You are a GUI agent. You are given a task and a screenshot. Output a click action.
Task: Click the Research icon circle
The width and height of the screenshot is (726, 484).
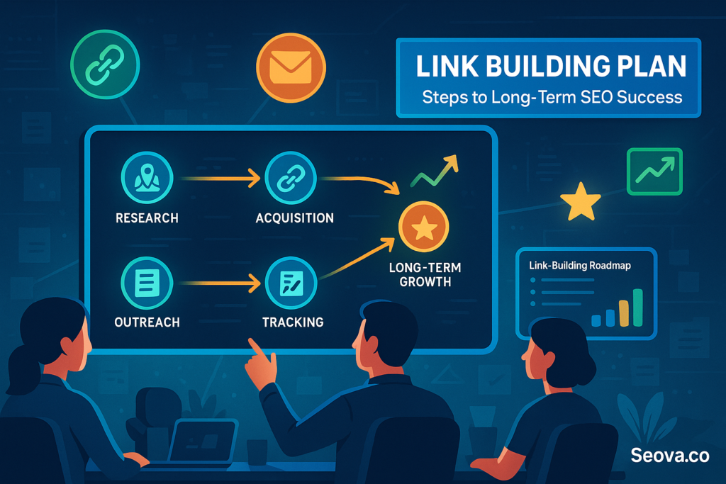pos(146,179)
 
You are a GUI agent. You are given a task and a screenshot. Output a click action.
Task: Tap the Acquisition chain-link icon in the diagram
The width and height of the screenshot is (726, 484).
pos(290,179)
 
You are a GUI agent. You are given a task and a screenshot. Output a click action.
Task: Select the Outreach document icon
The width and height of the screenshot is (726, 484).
pos(146,283)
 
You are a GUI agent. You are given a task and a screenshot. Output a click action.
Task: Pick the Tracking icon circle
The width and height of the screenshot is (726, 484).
pos(290,283)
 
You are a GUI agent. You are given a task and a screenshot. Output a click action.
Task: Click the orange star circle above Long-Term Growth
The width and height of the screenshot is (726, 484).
pos(423,227)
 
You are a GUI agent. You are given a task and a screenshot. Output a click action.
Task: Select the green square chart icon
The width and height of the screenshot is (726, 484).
pos(654,171)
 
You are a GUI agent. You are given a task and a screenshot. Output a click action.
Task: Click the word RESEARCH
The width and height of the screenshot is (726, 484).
pos(147,218)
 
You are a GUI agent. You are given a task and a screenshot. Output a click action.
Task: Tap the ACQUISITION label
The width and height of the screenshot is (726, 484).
pos(294,218)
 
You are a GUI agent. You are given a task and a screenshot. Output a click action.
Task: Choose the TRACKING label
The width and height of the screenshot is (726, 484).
pos(293,322)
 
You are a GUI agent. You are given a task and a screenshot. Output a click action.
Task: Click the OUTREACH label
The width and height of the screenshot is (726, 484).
pos(147,322)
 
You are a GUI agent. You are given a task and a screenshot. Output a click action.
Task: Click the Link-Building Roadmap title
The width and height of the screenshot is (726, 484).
pos(580,266)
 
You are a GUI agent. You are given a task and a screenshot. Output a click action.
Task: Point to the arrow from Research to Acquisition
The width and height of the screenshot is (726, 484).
pos(220,179)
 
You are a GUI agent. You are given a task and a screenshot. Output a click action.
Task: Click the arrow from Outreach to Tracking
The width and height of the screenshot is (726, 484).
pos(220,284)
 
